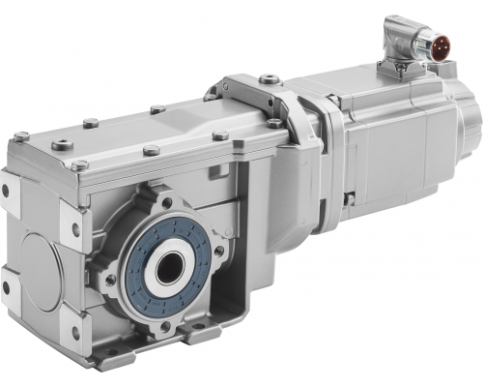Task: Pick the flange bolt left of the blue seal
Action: (110, 280)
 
